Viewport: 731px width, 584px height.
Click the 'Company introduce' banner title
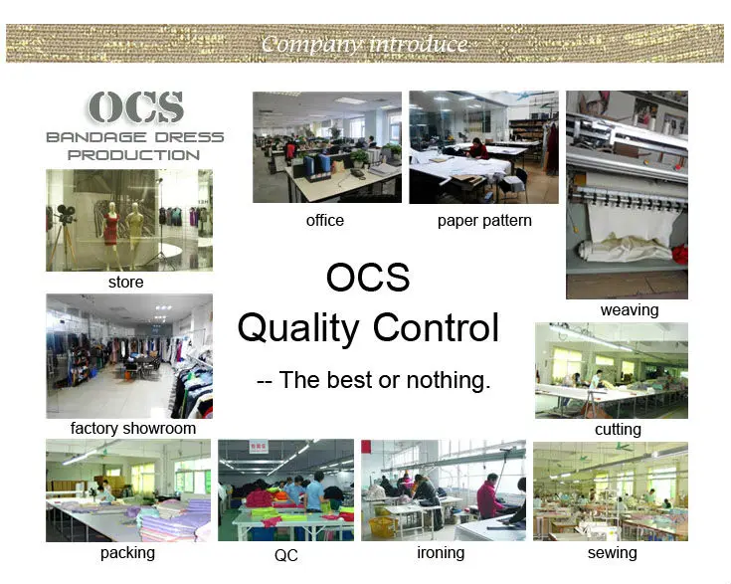[x=364, y=45]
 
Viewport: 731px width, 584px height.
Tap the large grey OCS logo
[x=135, y=107]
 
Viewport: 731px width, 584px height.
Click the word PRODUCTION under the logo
[x=134, y=155]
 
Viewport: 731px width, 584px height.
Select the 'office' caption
[x=325, y=220]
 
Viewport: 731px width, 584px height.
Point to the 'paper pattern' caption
[x=484, y=221]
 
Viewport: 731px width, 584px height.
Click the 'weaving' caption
[x=630, y=310]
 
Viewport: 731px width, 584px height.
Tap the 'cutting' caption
[x=618, y=429]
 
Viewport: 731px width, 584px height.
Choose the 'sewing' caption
[x=612, y=553]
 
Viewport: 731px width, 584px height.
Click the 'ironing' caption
[x=441, y=553]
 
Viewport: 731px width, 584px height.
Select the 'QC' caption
[x=285, y=555]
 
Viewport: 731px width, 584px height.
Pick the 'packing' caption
[x=127, y=553]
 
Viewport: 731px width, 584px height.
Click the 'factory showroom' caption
[x=133, y=428]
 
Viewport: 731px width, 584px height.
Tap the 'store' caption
[x=126, y=283]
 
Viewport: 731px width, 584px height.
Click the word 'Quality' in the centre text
[x=297, y=329]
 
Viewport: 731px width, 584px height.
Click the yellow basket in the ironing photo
[x=382, y=526]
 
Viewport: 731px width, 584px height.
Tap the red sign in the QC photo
[x=259, y=446]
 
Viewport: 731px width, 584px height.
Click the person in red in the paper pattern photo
[x=477, y=150]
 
